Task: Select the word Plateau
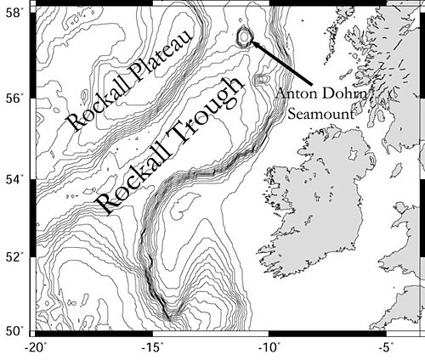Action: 168,52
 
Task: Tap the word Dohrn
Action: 345,93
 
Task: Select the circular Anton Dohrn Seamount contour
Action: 245,37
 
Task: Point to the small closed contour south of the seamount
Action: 260,80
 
